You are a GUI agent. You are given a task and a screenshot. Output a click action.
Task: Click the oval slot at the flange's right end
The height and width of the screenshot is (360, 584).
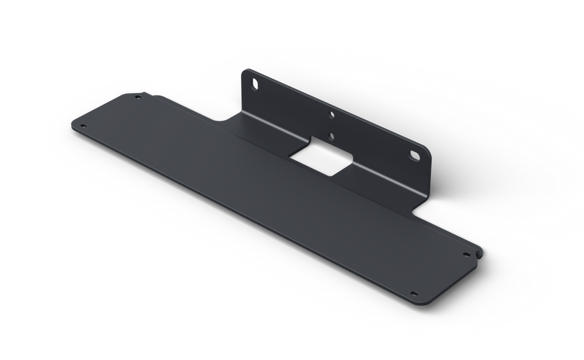[x=415, y=156]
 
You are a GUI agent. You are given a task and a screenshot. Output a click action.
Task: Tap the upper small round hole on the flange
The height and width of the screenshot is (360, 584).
[x=332, y=115]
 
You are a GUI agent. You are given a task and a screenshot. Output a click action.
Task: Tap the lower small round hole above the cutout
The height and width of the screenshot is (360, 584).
[x=331, y=136]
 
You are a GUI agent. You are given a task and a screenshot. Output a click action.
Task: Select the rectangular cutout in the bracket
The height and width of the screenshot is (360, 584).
[x=320, y=159]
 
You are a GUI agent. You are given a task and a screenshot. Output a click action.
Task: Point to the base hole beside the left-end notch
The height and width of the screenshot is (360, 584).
[x=137, y=98]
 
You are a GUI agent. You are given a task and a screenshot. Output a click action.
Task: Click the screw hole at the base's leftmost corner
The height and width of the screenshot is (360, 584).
[x=82, y=126]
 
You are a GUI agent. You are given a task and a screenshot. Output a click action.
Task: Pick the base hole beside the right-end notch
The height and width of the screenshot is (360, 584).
[x=466, y=255]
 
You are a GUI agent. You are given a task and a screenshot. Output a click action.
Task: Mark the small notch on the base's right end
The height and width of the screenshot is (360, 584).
[x=478, y=253]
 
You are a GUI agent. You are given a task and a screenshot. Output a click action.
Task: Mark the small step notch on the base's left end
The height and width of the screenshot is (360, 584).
[x=152, y=96]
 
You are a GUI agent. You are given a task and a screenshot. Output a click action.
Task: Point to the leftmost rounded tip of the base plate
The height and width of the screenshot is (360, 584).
[x=72, y=125]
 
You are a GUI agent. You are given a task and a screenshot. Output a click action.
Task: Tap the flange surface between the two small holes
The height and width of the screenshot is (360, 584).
[x=332, y=125]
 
